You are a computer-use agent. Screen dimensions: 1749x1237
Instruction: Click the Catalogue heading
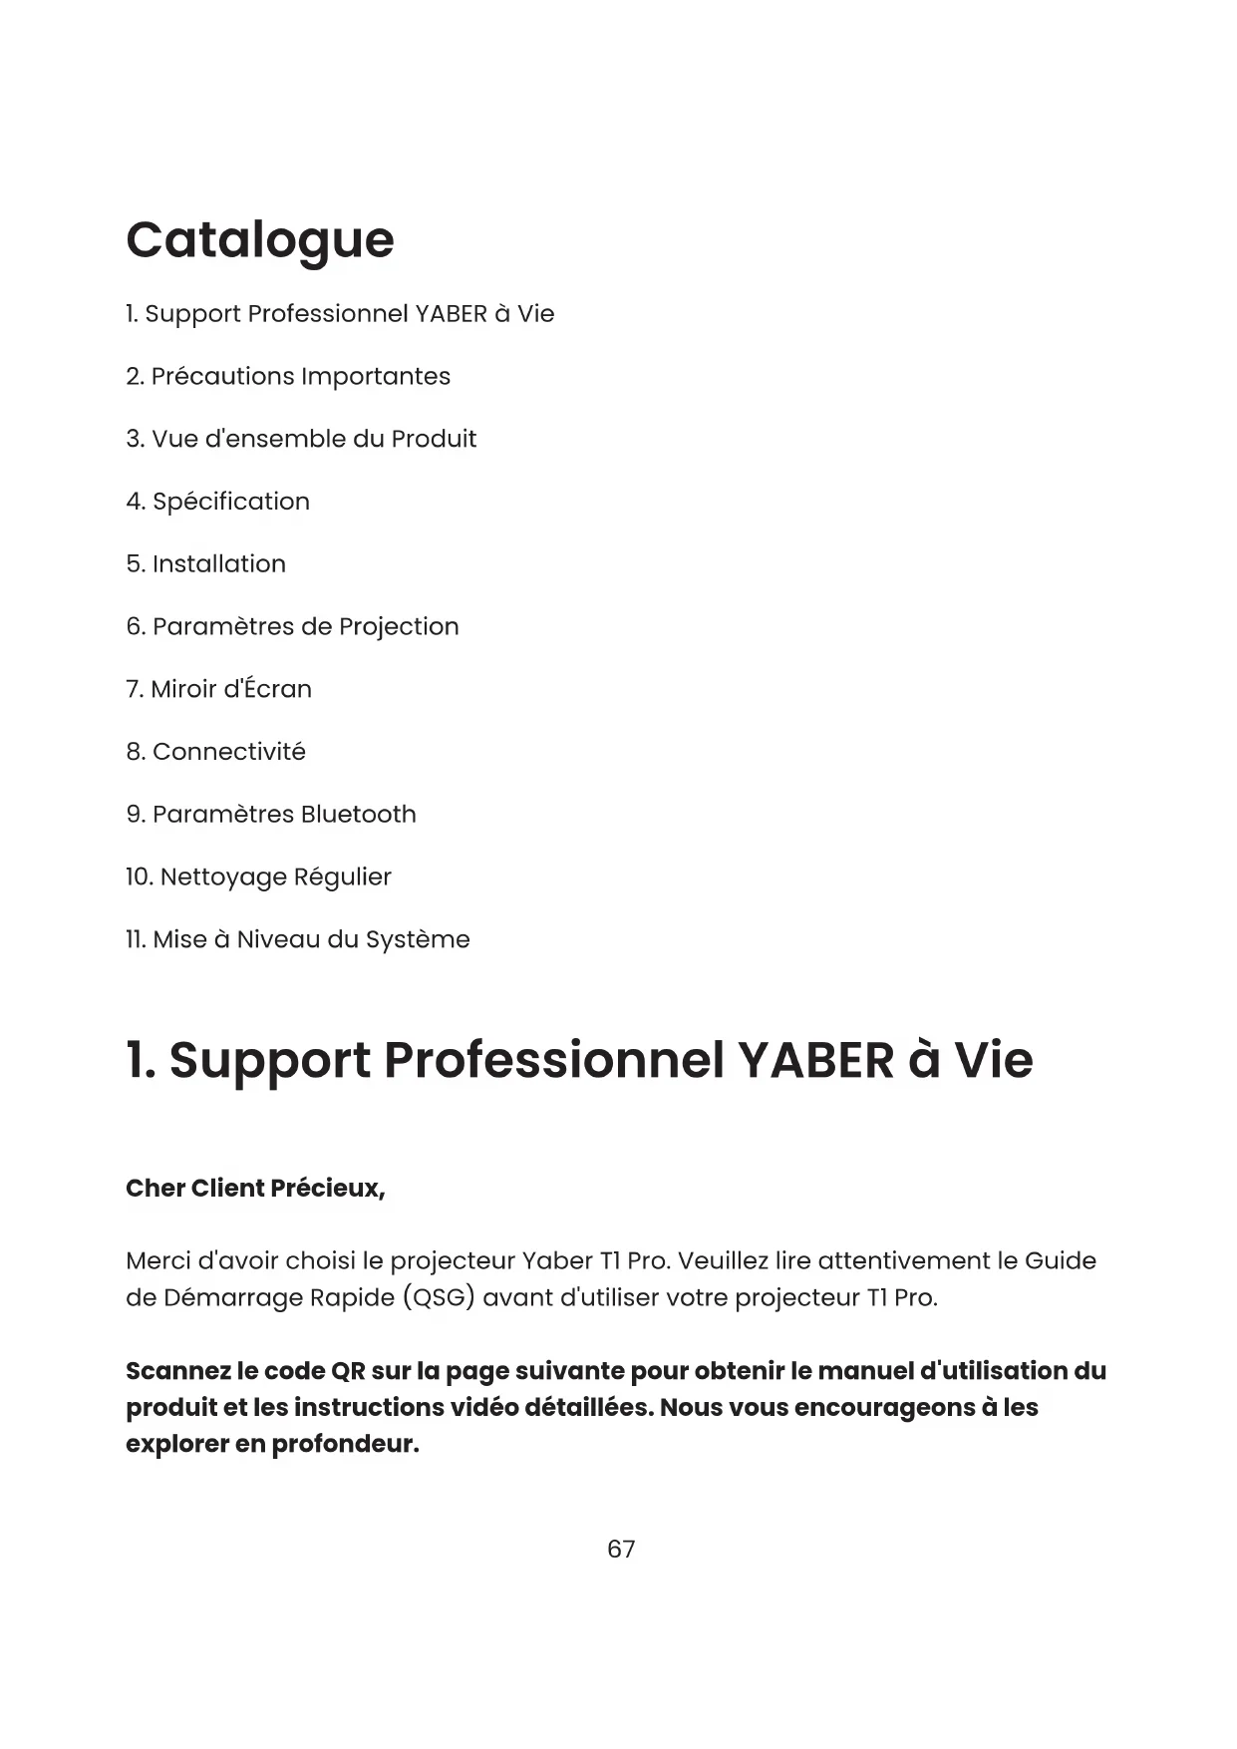[260, 240]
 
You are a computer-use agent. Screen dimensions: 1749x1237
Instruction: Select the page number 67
[621, 1549]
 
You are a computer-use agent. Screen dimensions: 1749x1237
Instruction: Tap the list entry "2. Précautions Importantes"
[288, 377]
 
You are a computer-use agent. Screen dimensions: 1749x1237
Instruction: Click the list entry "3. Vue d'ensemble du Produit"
[301, 440]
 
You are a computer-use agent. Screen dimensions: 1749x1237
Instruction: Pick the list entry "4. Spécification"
[217, 502]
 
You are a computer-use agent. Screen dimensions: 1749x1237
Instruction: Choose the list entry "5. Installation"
[205, 564]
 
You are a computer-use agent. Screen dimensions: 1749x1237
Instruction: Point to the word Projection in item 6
[399, 627]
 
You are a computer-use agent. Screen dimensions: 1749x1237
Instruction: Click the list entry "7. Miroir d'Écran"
[218, 689]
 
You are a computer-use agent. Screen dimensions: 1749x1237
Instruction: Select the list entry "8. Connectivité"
[215, 752]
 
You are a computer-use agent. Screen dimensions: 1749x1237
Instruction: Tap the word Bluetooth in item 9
[358, 815]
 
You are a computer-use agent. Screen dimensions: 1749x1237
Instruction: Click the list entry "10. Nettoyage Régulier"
[258, 877]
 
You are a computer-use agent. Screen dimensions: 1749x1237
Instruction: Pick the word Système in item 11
[418, 940]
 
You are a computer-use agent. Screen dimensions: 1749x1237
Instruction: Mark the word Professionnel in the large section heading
[553, 1060]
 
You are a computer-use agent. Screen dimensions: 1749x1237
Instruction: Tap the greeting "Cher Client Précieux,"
[255, 1189]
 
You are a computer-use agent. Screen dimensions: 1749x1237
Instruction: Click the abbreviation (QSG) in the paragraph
[438, 1298]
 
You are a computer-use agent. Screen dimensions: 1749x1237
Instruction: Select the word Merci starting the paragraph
[157, 1261]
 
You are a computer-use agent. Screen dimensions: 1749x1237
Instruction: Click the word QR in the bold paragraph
[347, 1372]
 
